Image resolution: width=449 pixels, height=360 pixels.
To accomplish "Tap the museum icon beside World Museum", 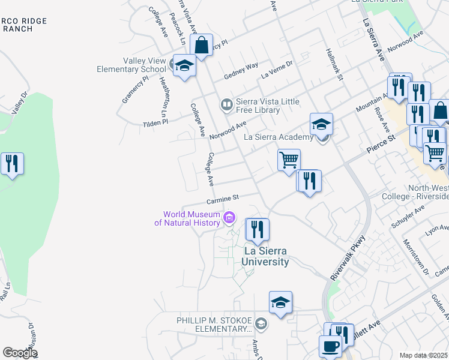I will (229, 218).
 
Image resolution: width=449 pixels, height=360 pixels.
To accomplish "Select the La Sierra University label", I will (266, 256).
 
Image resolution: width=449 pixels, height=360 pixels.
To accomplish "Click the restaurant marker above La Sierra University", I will (258, 230).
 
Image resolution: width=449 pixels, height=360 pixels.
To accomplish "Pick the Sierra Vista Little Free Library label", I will (258, 106).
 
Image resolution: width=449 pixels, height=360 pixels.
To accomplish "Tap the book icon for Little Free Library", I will (226, 105).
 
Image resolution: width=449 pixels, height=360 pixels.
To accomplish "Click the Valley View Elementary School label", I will (131, 65).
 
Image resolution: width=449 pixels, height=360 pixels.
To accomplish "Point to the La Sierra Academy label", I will (279, 137).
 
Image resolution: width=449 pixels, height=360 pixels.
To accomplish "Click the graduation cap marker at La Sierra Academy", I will (321, 124).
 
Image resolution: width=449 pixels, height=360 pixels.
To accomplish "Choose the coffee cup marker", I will (330, 346).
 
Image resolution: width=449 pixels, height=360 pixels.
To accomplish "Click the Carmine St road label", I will (223, 198).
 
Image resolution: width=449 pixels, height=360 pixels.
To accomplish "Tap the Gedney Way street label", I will (241, 71).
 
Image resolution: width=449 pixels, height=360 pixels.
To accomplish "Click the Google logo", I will (20, 353).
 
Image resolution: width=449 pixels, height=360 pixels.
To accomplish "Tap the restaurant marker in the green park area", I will (12, 163).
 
